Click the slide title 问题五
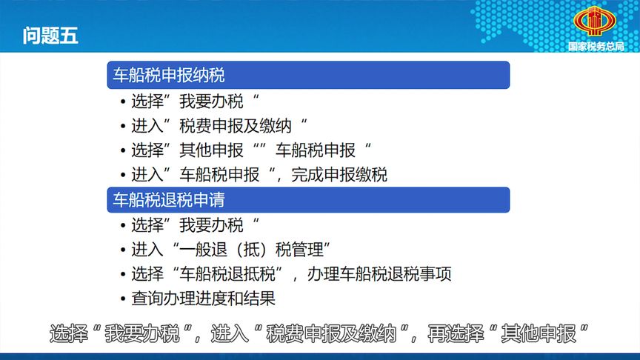[50, 36]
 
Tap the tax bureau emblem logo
[596, 22]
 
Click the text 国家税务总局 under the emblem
[596, 46]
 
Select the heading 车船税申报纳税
[168, 75]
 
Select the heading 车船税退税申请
[168, 200]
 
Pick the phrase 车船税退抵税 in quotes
[233, 275]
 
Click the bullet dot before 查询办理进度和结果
[121, 300]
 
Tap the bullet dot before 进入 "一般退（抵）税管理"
[121, 250]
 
